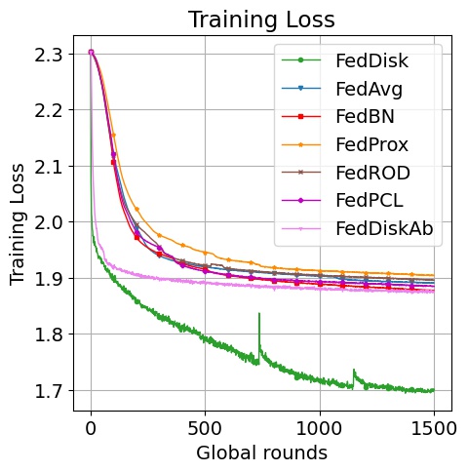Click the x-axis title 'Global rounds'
click(260, 452)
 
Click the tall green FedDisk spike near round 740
click(259, 316)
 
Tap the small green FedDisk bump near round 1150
click(353, 372)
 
